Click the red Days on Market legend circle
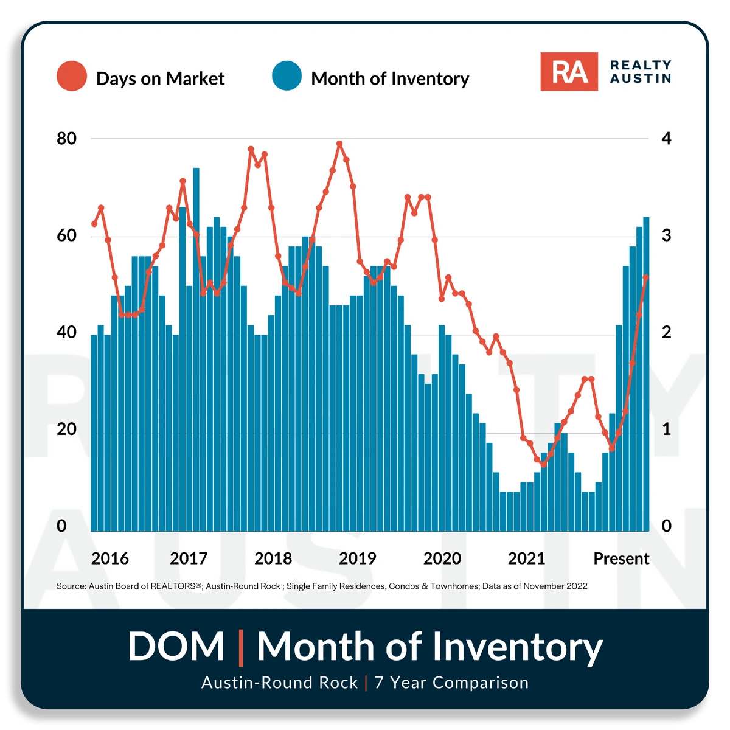coord(72,76)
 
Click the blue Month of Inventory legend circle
coord(287,76)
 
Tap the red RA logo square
coord(569,72)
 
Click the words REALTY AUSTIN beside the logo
coord(641,72)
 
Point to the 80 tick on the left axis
coord(67,139)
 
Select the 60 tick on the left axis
coord(67,236)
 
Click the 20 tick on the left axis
coord(67,429)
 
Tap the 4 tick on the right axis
coord(666,139)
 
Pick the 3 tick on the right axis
coord(666,236)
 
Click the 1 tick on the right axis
coord(666,429)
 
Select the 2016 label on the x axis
coord(110,558)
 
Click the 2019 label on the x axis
coord(358,558)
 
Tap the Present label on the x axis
coord(621,558)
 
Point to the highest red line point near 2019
coord(339,144)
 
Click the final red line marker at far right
coord(646,277)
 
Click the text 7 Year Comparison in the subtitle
coord(451,683)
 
